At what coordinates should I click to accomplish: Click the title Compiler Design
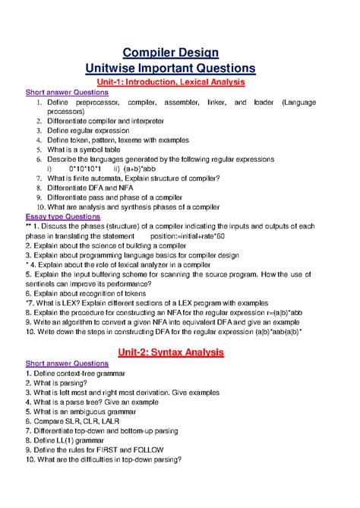[180, 50]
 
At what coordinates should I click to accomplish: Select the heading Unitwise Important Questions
[180, 68]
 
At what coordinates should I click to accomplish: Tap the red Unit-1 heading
[180, 82]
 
